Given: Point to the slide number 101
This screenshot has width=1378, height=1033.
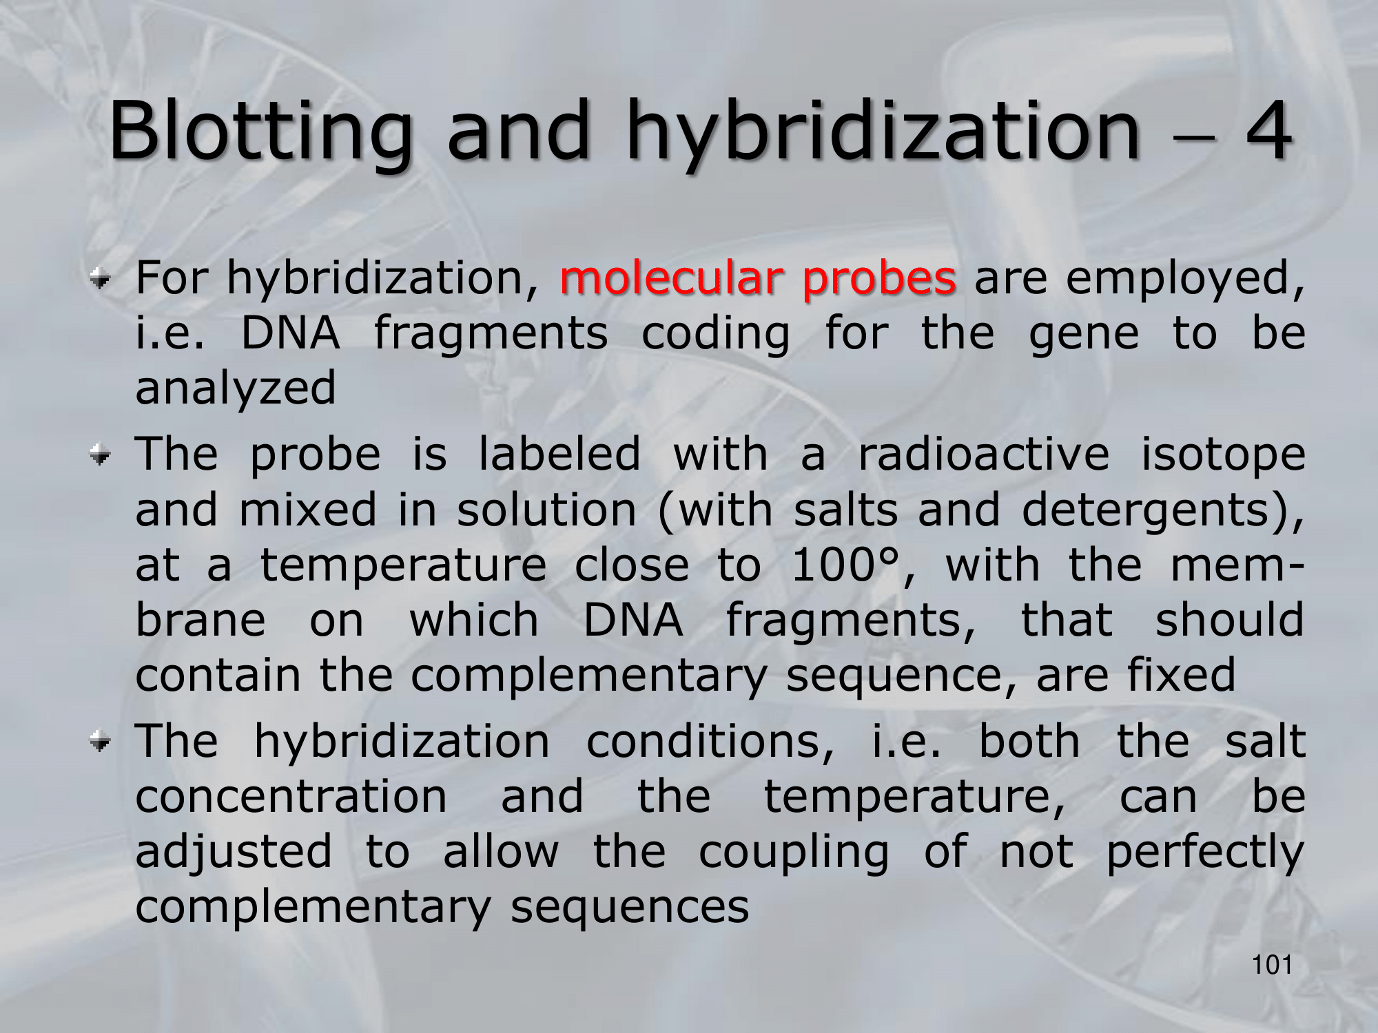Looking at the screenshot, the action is [1272, 966].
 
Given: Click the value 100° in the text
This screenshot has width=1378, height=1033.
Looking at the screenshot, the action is [846, 566].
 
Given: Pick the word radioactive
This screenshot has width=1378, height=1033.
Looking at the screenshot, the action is [984, 455].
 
